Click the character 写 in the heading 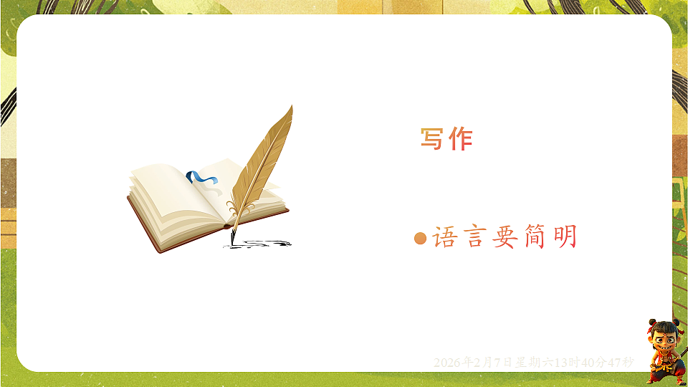pos(431,138)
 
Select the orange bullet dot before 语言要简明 pos(421,238)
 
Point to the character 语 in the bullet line pos(444,237)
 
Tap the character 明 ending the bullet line pos(565,237)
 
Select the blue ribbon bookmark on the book pos(200,178)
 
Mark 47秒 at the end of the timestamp pos(621,363)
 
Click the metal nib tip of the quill pos(231,236)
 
